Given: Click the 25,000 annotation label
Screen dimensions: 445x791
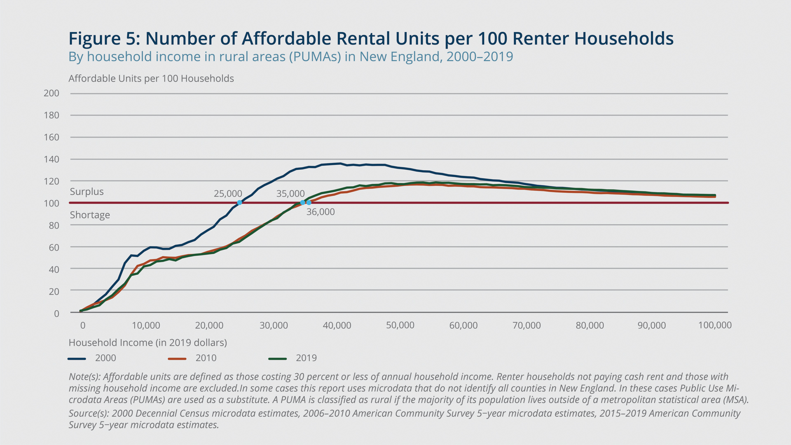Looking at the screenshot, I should click(228, 194).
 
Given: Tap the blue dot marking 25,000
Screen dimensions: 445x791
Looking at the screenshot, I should click(239, 203).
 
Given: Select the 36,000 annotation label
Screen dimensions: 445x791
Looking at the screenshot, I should click(321, 212).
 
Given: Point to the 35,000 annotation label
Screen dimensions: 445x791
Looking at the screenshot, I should click(290, 194).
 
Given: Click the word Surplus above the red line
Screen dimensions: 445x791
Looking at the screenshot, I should click(87, 192).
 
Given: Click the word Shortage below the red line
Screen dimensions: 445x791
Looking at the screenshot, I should click(90, 215).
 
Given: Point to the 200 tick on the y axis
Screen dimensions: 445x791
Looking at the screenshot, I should click(51, 93).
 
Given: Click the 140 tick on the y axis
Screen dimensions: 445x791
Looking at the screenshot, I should click(51, 159).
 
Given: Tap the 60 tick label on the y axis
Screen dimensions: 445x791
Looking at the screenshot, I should click(54, 247).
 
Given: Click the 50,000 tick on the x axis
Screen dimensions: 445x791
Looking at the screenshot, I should click(400, 325).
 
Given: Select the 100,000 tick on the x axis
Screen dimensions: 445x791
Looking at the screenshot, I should click(715, 325).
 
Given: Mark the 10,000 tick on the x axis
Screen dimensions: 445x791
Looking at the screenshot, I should click(146, 325).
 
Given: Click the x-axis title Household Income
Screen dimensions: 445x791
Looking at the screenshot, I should click(147, 342).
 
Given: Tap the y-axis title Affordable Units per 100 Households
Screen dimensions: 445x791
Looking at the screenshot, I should click(151, 79).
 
